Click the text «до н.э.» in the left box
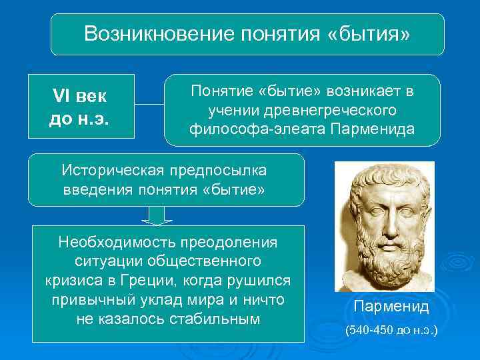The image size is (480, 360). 79,118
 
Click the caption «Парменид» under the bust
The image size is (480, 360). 391,307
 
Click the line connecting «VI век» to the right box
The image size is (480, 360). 147,105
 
